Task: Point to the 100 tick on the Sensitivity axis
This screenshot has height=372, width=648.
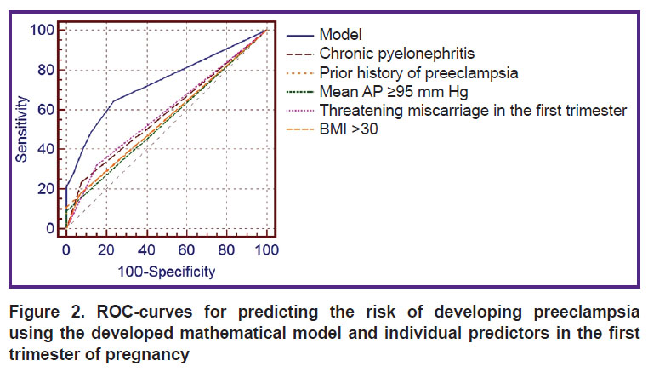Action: (x=42, y=30)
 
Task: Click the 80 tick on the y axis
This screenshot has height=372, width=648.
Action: (x=46, y=70)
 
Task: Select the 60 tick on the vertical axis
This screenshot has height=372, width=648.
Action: (x=46, y=110)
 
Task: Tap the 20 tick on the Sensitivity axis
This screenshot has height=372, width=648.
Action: (x=46, y=189)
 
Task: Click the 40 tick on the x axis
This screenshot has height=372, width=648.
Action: (x=146, y=250)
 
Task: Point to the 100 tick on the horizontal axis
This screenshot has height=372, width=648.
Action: (x=266, y=250)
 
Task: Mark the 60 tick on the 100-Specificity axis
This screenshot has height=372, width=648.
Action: (x=186, y=250)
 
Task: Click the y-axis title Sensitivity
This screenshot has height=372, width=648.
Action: (x=21, y=129)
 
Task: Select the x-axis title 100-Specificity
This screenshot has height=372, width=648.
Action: (x=167, y=272)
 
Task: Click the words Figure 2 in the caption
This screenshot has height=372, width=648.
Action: (x=47, y=312)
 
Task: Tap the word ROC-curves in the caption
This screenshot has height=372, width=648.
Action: (x=145, y=312)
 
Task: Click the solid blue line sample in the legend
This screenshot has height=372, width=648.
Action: (x=300, y=36)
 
